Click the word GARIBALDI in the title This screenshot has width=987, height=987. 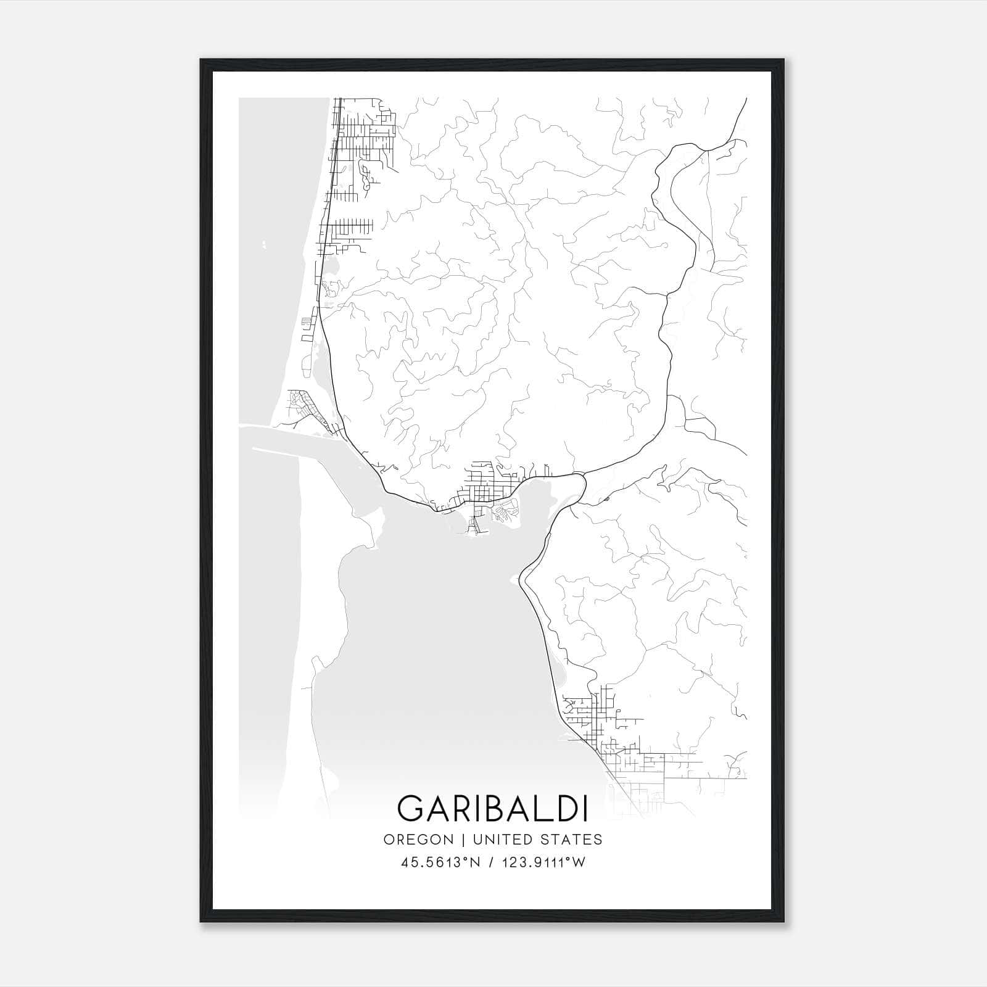[x=492, y=808]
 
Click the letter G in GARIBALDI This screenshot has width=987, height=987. [x=411, y=808]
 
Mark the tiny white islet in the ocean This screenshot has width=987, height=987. [x=263, y=245]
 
